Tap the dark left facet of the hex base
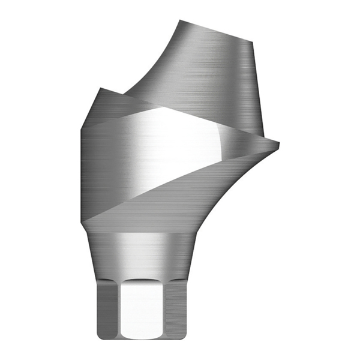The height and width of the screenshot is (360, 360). [x=107, y=309]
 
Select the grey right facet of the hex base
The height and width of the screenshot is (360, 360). [x=178, y=309]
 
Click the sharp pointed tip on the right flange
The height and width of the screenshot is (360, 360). [x=279, y=142]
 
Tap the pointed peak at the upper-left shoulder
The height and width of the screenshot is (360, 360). [x=100, y=89]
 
